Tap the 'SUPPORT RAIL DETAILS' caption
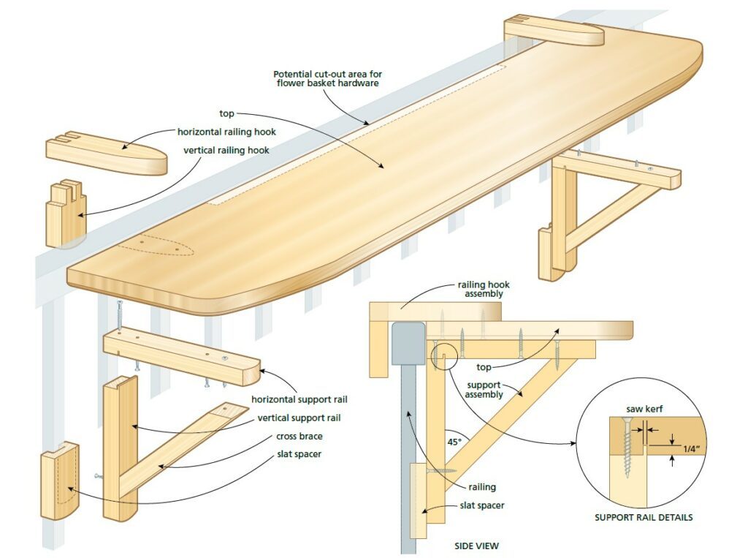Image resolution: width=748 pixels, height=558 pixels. click(644, 517)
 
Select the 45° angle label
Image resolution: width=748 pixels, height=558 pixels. click(454, 442)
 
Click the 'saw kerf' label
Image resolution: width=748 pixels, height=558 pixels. click(644, 410)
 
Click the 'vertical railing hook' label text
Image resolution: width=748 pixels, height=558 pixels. click(226, 151)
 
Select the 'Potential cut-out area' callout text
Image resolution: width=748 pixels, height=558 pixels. click(328, 78)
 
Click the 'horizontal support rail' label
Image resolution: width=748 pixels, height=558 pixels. click(299, 400)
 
